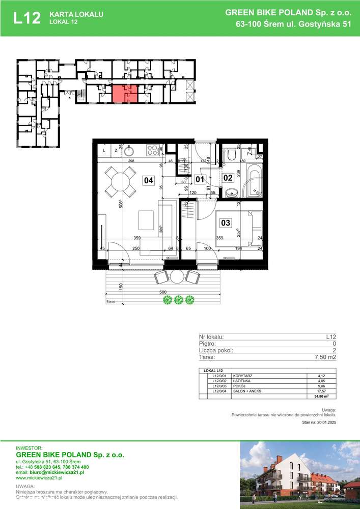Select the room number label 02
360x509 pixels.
coord(228,178)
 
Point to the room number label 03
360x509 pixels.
coord(225,222)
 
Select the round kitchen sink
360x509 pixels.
coord(129,150)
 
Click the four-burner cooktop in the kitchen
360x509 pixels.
coord(152,150)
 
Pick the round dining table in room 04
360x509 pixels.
coord(121,182)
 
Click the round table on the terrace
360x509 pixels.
coord(176,277)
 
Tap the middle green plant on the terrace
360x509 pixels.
coord(178,300)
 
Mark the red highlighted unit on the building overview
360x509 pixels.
coord(124,94)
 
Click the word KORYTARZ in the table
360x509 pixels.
coord(243,375)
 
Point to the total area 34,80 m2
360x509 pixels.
coord(320,396)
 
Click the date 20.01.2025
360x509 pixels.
coord(325,422)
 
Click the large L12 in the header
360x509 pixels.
coord(26,18)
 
